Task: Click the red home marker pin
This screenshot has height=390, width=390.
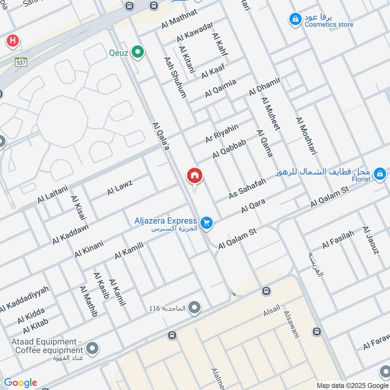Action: (195, 176)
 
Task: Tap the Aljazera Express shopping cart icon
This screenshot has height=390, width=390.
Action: (207, 223)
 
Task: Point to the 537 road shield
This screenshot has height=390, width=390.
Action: (20, 62)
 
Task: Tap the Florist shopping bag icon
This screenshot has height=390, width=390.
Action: (380, 174)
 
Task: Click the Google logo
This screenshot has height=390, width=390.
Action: (20, 383)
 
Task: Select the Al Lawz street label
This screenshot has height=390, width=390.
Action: (120, 187)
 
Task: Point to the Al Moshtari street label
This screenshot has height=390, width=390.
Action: (306, 136)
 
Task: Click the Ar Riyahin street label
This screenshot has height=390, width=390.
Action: (222, 133)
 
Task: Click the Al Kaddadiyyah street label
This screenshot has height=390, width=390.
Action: (24, 299)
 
